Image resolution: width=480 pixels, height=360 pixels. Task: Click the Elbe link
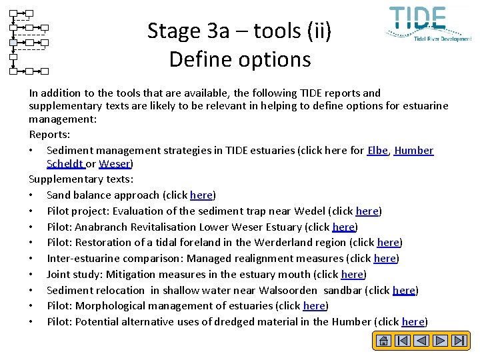coord(378,151)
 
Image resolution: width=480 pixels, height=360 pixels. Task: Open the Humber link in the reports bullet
coord(414,151)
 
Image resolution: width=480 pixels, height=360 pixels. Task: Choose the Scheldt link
coord(65,163)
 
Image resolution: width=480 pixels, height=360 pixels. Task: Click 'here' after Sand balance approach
coord(201,195)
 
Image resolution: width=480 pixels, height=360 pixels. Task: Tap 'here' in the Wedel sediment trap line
coord(367,211)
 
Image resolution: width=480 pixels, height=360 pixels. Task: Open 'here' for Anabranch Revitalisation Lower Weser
coord(343,227)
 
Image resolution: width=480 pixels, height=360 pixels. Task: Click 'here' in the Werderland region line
coord(388,243)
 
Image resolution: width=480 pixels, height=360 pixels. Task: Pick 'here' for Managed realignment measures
coord(385,259)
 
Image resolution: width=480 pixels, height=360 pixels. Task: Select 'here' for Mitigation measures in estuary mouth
coord(352,275)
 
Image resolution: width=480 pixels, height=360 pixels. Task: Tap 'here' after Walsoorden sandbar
coord(404,291)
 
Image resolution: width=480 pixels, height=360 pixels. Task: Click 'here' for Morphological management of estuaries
coord(314,306)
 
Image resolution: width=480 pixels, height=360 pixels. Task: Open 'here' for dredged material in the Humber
coord(413,322)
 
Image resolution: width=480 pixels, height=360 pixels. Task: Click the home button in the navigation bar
coord(383,341)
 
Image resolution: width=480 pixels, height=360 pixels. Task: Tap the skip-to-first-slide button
coord(402,341)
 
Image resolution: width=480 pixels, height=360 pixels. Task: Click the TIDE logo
coord(427,23)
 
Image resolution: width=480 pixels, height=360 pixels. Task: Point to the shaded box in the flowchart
coord(13,43)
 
